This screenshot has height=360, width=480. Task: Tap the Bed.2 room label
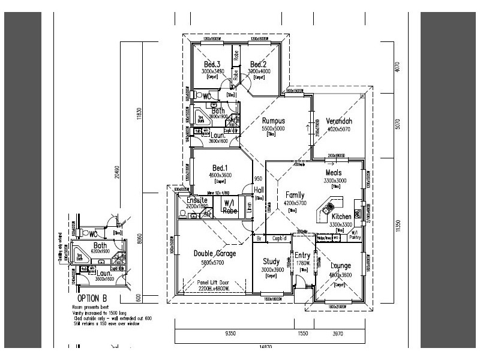pos(259,64)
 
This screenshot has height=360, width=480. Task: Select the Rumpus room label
pos(273,121)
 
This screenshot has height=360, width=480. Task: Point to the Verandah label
pos(339,121)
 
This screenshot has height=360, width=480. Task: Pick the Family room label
pos(295,195)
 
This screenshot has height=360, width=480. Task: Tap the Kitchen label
pos(341,216)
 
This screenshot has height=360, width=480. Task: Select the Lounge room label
pos(340,266)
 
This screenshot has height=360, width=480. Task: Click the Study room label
pos(272,262)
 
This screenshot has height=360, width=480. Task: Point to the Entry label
pos(302,256)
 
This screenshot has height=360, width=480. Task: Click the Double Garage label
pos(214,254)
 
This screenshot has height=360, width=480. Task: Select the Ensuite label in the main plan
pos(197,200)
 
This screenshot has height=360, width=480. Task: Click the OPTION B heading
pos(93,298)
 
